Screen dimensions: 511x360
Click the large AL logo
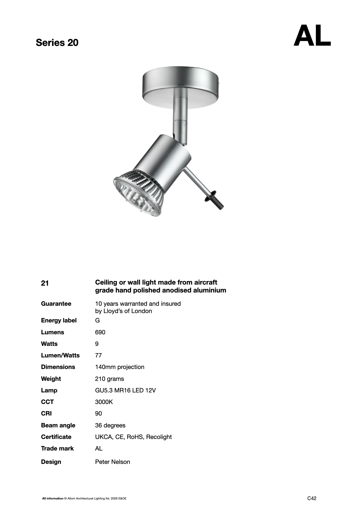pyautogui.click(x=312, y=36)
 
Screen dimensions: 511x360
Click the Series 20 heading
pyautogui.click(x=57, y=43)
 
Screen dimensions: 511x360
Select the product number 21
pyautogui.click(x=45, y=283)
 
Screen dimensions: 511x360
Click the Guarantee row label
pyautogui.click(x=56, y=304)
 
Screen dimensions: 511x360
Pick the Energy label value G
pyautogui.click(x=98, y=320)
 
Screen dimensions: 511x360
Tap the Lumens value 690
pyautogui.click(x=100, y=332)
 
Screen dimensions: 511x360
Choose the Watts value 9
pyautogui.click(x=97, y=344)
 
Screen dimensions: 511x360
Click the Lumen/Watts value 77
pyautogui.click(x=99, y=355)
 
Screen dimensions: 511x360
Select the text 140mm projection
pyautogui.click(x=119, y=367)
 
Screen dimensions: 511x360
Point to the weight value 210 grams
pyautogui.click(x=109, y=379)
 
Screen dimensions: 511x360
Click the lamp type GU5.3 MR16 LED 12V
pyautogui.click(x=125, y=390)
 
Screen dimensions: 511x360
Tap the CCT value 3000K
pyautogui.click(x=104, y=402)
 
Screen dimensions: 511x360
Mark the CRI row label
pyautogui.click(x=46, y=413)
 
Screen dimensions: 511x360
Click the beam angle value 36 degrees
pyautogui.click(x=110, y=425)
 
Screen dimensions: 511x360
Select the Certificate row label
pyautogui.click(x=56, y=437)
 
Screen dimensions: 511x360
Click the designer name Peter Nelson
pyautogui.click(x=112, y=462)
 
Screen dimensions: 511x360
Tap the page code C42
pyautogui.click(x=312, y=498)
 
